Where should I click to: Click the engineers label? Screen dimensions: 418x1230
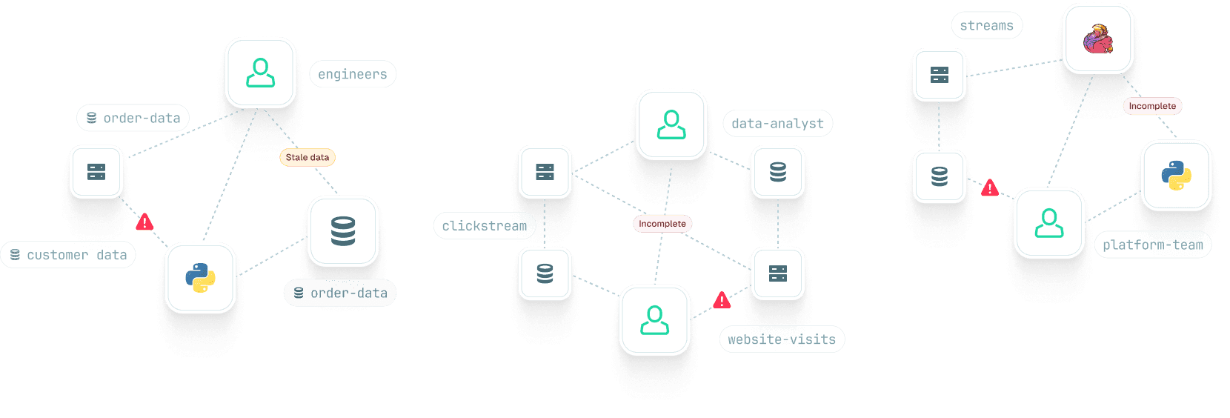[x=353, y=74]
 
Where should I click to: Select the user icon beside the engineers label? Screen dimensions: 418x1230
[x=261, y=73]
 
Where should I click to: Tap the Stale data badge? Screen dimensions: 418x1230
[x=307, y=157]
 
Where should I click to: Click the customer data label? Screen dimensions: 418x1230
[x=68, y=255]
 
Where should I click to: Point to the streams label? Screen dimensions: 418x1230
[x=986, y=25]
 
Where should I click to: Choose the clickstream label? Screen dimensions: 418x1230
[x=485, y=226]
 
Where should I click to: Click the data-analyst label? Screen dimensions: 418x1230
[x=777, y=124]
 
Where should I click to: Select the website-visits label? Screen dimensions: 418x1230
[x=782, y=339]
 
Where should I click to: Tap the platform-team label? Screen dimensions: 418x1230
[x=1153, y=245]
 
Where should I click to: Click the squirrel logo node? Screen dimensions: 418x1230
[x=1098, y=39]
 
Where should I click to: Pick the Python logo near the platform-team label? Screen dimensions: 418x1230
[x=1176, y=176]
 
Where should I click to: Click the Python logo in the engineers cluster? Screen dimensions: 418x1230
[x=201, y=278]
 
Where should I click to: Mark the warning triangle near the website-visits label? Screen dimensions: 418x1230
[x=722, y=300]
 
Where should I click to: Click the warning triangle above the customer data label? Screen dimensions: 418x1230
[x=144, y=222]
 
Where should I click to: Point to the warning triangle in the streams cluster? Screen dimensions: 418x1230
[x=990, y=188]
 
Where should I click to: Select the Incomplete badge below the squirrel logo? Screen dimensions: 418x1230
[x=1152, y=106]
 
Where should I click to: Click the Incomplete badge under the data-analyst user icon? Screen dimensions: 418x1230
[x=662, y=224]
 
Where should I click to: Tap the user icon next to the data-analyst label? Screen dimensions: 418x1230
[x=671, y=125]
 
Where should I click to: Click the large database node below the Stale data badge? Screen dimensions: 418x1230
[x=343, y=231]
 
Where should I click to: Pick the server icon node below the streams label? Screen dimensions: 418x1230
[x=940, y=75]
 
